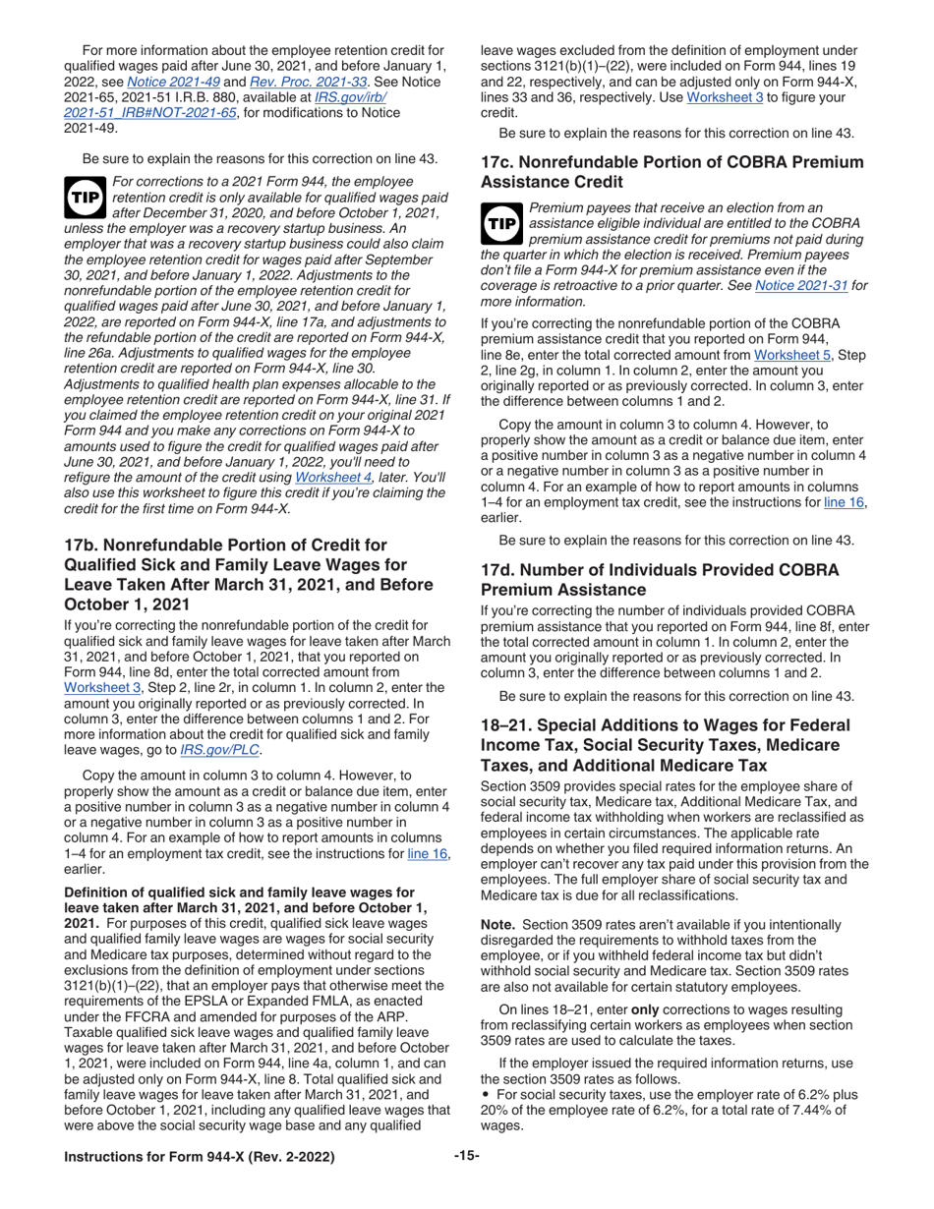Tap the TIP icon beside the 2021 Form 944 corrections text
click(x=82, y=197)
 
